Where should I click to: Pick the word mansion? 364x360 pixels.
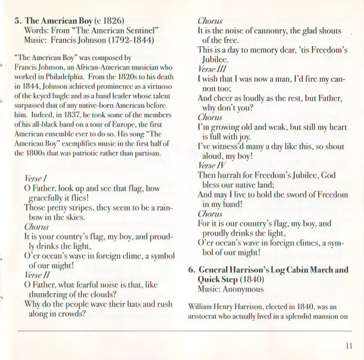click(320, 316)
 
